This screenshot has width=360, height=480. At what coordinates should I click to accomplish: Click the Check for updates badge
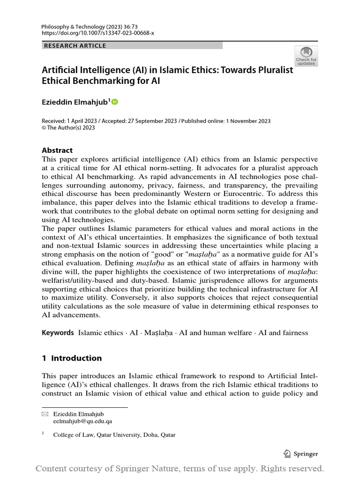306,55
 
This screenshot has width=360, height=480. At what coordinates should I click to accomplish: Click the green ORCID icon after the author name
115,101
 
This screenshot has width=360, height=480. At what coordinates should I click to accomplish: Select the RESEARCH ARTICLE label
75,45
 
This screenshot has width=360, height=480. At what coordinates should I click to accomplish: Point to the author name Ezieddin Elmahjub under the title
75,101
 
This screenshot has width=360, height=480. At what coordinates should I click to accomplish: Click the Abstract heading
57,150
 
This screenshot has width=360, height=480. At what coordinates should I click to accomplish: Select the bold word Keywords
58,333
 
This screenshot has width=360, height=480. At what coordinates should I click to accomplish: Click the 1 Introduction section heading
72,358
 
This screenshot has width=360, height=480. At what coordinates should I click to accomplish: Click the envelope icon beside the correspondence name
45,414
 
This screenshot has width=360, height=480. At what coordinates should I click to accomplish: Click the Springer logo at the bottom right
301,453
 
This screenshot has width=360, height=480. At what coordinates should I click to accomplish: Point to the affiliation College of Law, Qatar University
114,435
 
